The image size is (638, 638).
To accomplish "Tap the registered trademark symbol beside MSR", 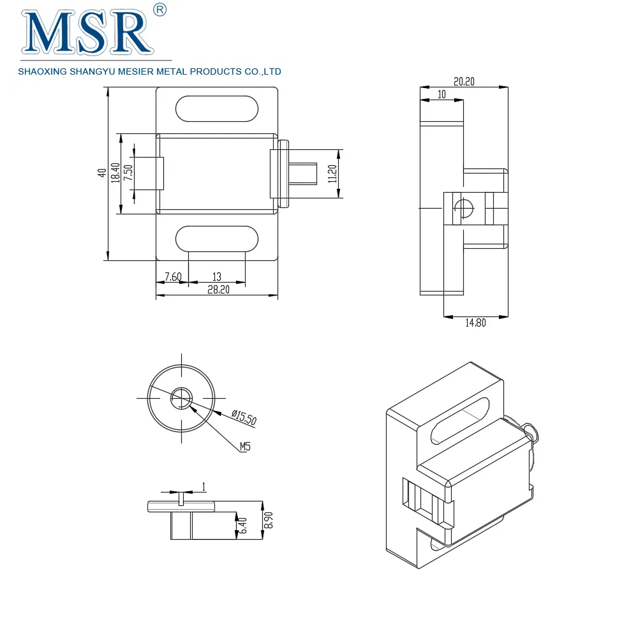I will click(160, 10).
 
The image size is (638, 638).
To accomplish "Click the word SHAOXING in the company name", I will click(44, 71).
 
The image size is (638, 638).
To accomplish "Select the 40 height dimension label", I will click(101, 174).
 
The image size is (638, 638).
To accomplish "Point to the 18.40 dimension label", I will click(115, 173).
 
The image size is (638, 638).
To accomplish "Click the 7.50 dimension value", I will click(128, 173).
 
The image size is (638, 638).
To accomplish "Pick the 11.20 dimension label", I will click(332, 174).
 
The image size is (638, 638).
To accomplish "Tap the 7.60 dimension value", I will click(173, 276).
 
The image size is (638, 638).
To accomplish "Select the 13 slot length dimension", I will click(217, 276).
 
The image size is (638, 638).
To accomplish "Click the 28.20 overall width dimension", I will click(218, 290).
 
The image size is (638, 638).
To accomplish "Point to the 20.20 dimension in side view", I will click(464, 82).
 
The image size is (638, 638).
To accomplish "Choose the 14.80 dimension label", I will click(475, 323).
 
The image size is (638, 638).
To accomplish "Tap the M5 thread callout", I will click(245, 447).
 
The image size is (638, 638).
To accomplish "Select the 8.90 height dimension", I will click(269, 520).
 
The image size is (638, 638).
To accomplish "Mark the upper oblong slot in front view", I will click(217, 108).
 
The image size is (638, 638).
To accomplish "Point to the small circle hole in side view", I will click(464, 207).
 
